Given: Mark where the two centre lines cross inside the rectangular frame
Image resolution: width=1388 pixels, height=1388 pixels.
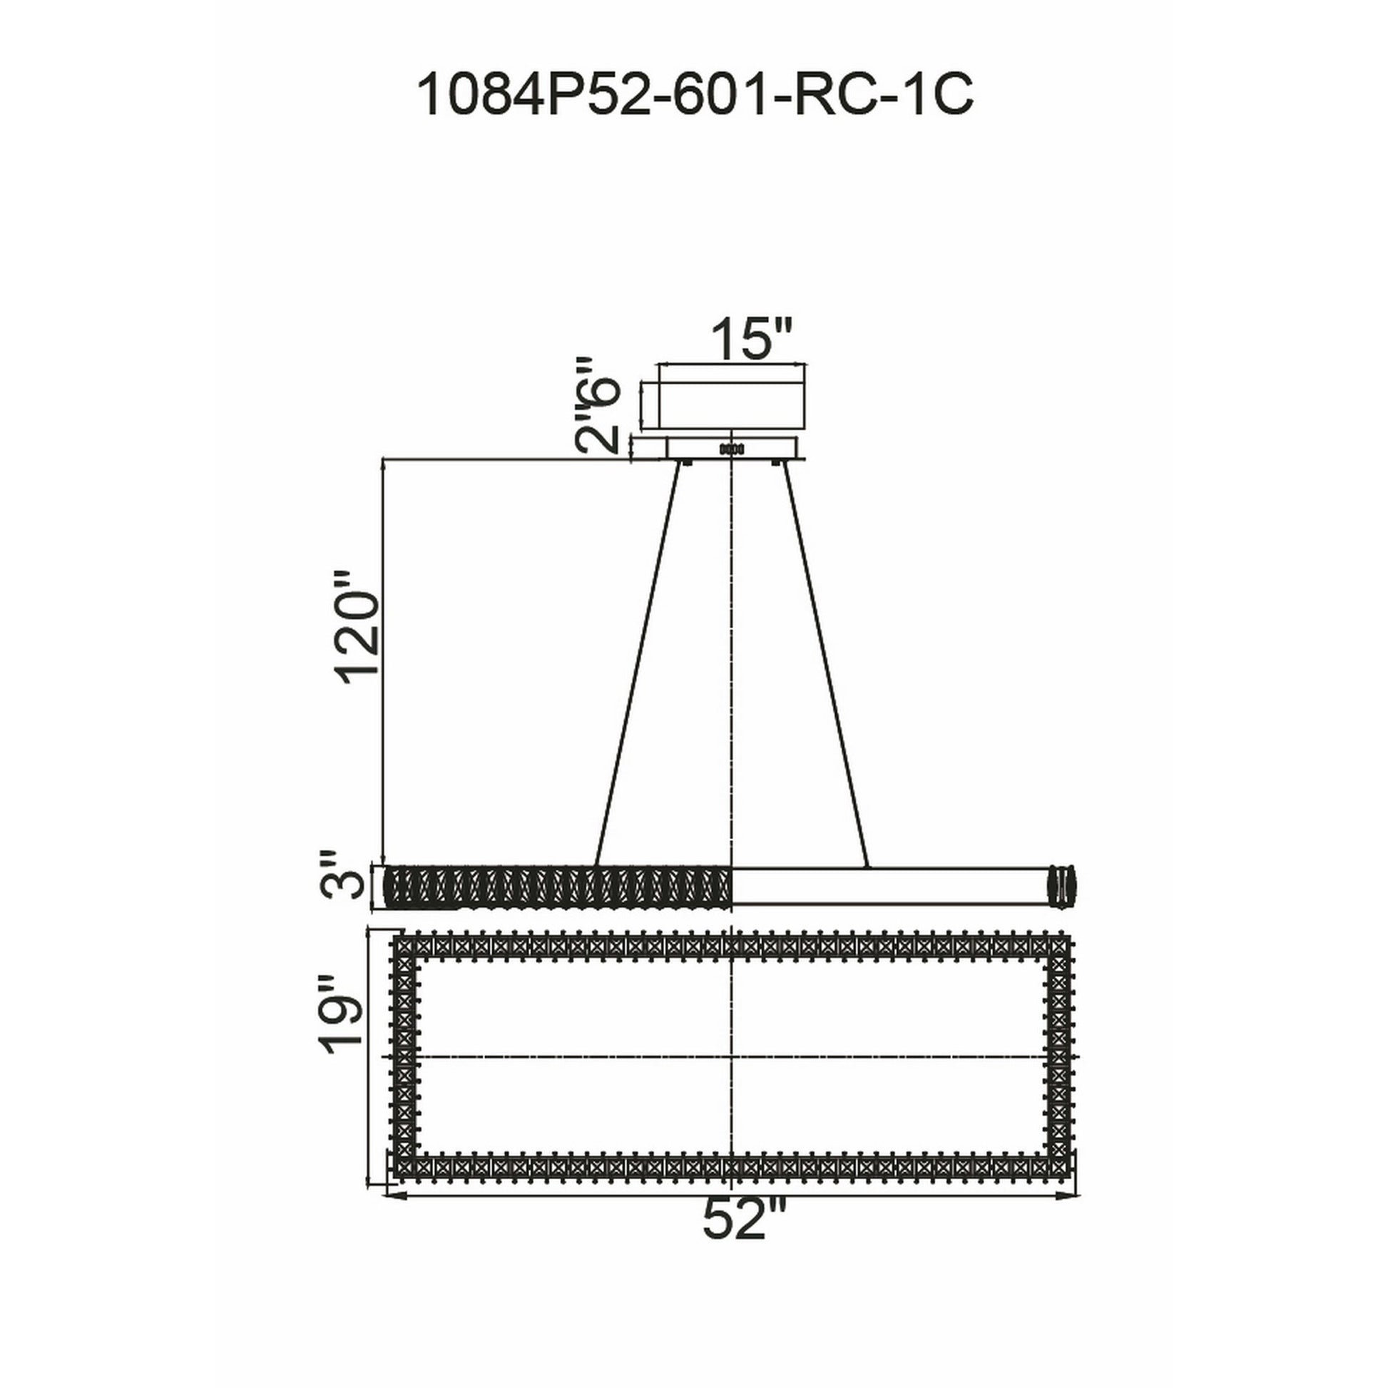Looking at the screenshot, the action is [730, 1057].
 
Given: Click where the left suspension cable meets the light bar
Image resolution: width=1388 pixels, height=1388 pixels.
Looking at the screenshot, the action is [596, 867].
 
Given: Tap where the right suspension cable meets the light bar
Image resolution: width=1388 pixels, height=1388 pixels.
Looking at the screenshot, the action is [868, 867].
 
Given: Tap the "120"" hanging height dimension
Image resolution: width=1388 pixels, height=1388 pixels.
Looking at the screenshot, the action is [357, 611].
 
